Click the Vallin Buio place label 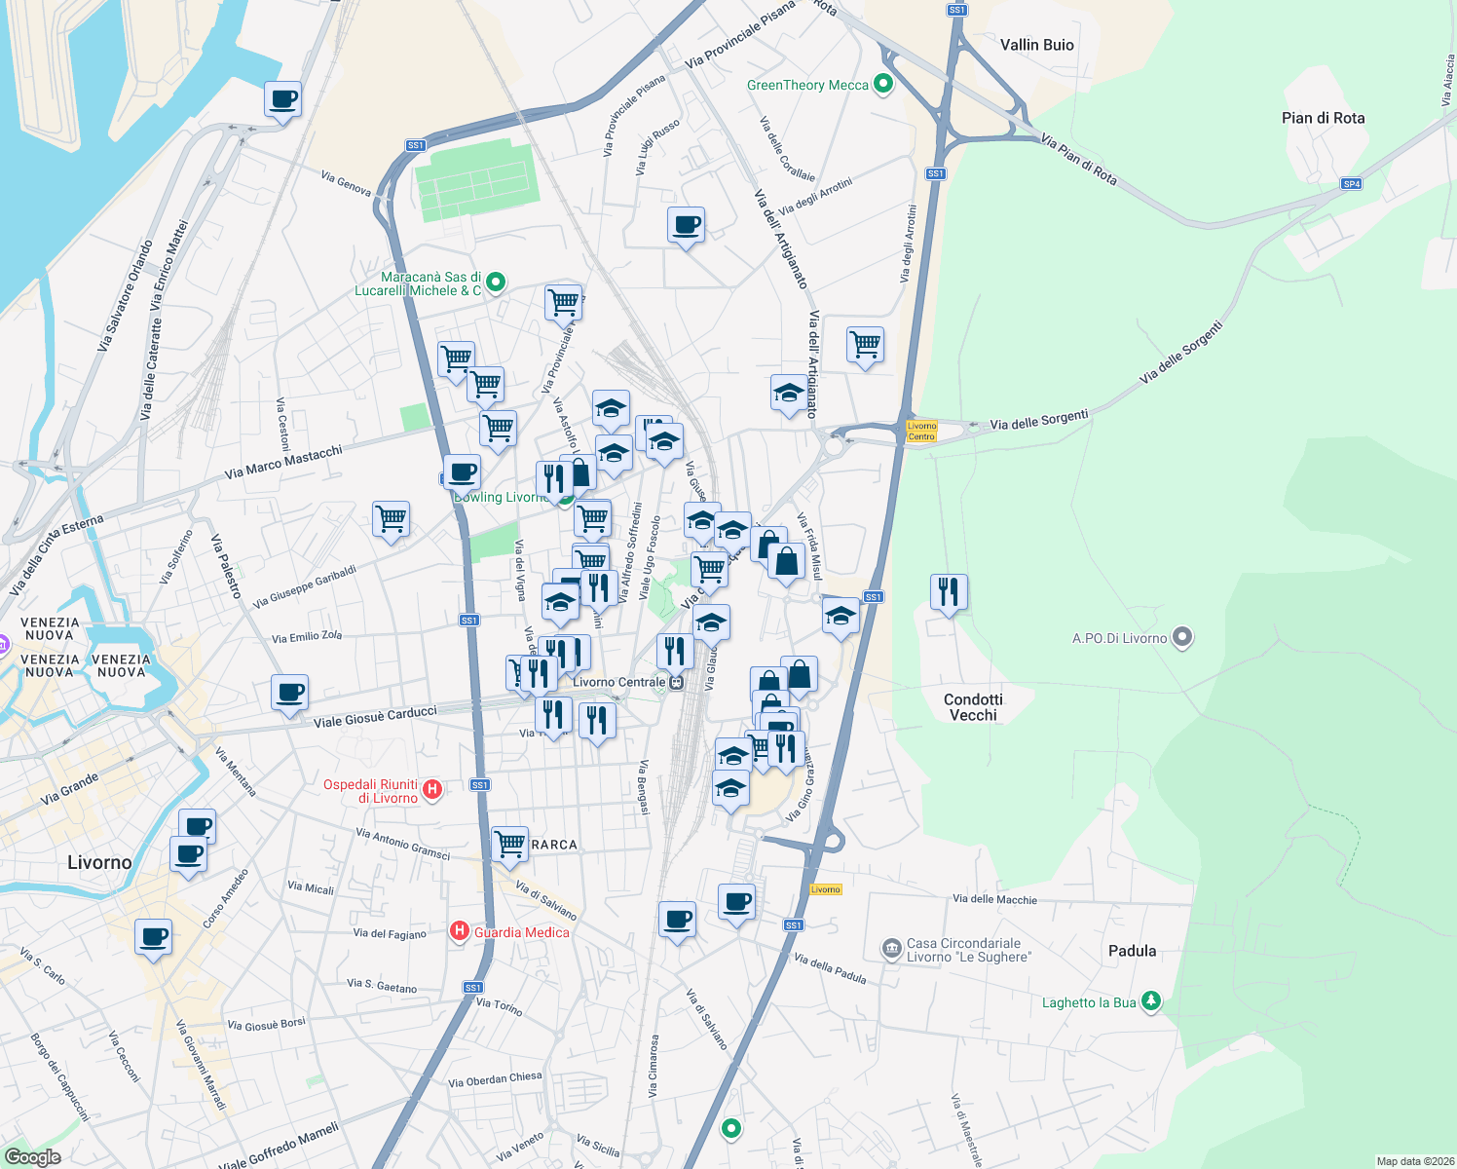click(x=1036, y=45)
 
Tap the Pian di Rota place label click(x=1323, y=118)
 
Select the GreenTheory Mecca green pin click(x=883, y=85)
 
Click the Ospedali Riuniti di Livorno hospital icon click(x=433, y=790)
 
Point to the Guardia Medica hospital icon click(x=459, y=932)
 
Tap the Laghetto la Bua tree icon click(x=1151, y=1001)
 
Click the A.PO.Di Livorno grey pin click(x=1182, y=638)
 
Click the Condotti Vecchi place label click(x=973, y=707)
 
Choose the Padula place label click(x=1132, y=951)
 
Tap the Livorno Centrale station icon click(x=676, y=682)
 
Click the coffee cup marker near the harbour click(x=282, y=99)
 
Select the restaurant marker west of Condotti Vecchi click(x=948, y=591)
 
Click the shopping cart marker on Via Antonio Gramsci click(x=509, y=844)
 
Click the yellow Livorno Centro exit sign click(x=921, y=431)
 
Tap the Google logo click(x=32, y=1156)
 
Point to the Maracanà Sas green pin click(x=495, y=283)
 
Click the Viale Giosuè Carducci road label click(x=375, y=717)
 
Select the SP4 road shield click(x=1351, y=183)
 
